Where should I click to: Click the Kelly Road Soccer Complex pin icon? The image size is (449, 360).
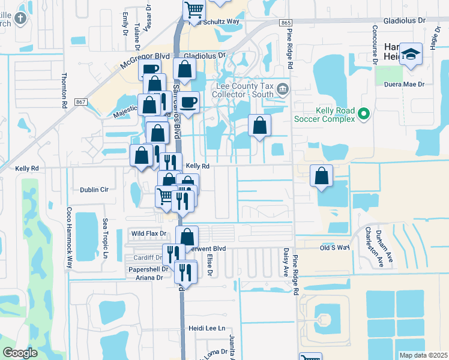(x=363, y=113)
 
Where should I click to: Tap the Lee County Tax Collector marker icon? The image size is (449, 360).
(x=283, y=91)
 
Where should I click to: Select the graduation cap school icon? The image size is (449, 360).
(x=411, y=53)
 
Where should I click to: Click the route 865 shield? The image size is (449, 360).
(x=285, y=22)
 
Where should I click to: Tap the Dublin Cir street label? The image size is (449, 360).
(x=94, y=190)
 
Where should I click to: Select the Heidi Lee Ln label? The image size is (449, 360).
(x=206, y=328)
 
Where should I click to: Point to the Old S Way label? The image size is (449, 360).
(x=334, y=247)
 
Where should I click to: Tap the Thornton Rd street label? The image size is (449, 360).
(x=64, y=91)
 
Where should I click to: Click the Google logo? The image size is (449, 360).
(x=19, y=353)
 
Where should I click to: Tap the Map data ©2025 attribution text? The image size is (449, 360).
(x=423, y=355)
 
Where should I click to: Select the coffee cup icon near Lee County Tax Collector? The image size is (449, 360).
(x=188, y=102)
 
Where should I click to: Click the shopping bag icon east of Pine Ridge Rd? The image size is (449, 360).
(x=322, y=176)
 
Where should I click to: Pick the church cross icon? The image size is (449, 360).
(x=20, y=17)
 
